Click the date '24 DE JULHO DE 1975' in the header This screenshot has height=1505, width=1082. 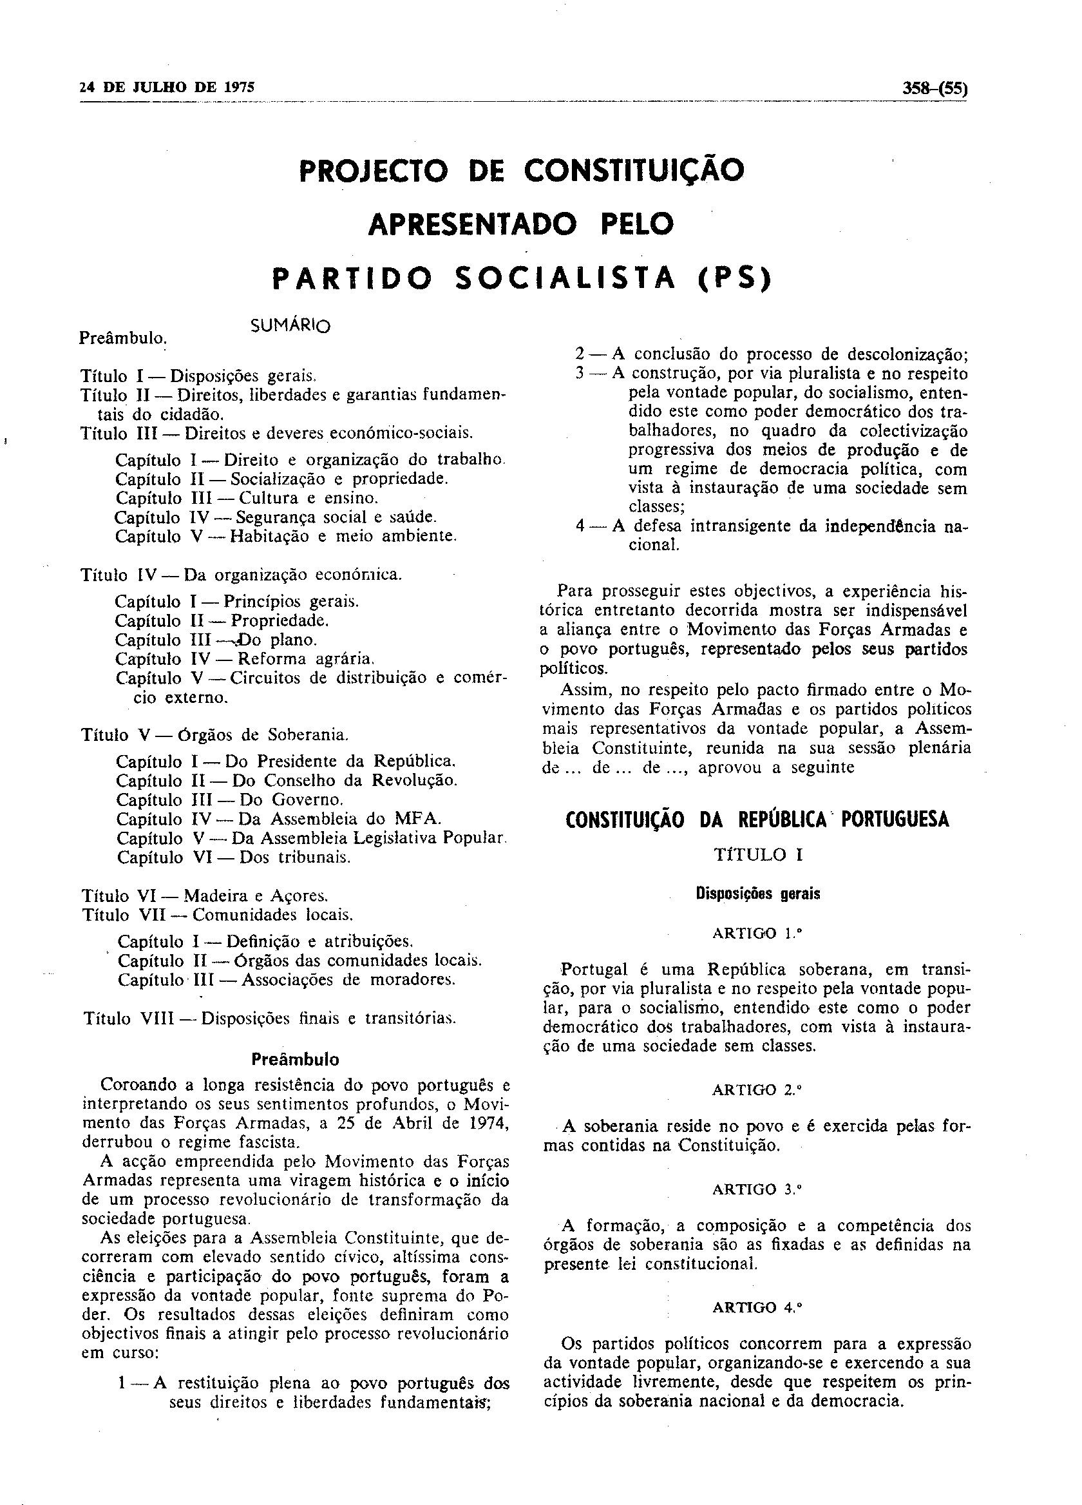[x=167, y=88]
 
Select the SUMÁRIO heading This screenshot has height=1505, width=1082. [x=290, y=326]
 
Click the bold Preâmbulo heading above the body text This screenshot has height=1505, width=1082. [x=295, y=1059]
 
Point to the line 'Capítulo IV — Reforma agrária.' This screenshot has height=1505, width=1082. [x=245, y=659]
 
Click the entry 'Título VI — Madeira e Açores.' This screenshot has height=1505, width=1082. [x=204, y=896]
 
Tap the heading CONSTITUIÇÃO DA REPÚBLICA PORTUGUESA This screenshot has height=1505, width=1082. [x=757, y=820]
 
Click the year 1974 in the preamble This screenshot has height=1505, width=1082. [x=486, y=1124]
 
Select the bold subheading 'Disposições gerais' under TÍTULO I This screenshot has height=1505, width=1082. [x=757, y=894]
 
